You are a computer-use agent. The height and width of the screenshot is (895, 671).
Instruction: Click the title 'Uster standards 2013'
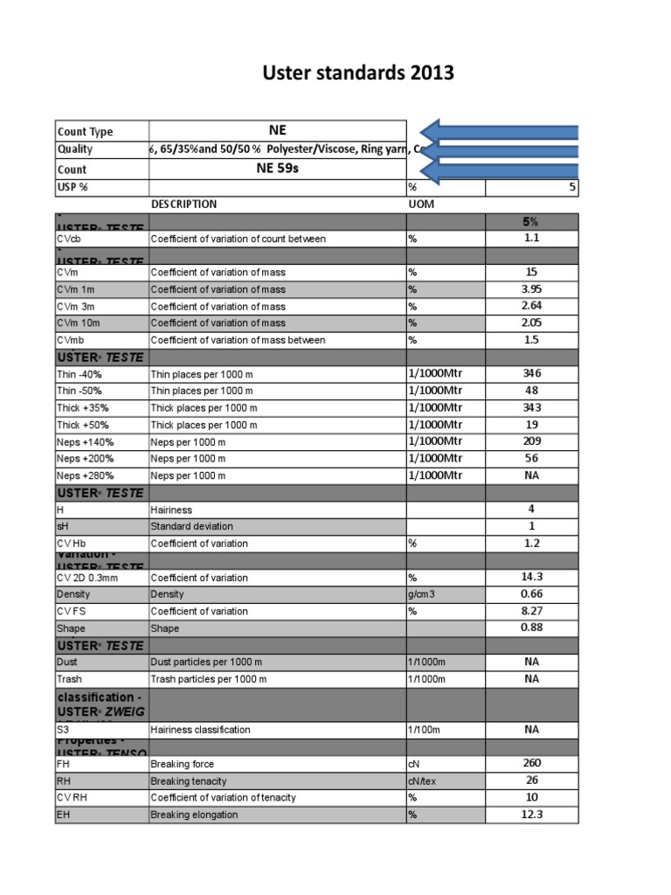click(358, 73)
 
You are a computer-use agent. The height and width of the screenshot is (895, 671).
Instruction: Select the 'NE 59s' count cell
click(277, 168)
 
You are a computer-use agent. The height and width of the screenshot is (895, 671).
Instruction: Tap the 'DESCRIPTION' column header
click(184, 204)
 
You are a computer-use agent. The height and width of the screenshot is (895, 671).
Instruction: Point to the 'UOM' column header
click(420, 204)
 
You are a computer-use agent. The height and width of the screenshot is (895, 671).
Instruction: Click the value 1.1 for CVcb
click(531, 238)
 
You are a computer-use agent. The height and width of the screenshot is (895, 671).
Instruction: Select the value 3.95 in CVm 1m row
click(531, 288)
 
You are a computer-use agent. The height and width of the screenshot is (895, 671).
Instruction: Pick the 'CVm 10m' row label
click(79, 323)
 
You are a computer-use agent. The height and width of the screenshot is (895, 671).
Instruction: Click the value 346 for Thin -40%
click(531, 373)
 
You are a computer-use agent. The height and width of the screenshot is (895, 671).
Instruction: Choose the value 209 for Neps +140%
click(531, 441)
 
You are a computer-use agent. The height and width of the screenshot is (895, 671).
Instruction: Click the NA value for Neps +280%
click(531, 475)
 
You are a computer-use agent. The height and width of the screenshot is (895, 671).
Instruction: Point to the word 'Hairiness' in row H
click(171, 510)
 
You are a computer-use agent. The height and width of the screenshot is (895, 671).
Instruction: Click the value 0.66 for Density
click(531, 593)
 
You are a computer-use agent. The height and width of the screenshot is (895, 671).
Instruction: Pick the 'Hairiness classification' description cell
click(200, 730)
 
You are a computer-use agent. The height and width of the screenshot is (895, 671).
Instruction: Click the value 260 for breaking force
click(531, 763)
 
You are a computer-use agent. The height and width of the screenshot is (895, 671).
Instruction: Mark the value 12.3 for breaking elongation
click(531, 814)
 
